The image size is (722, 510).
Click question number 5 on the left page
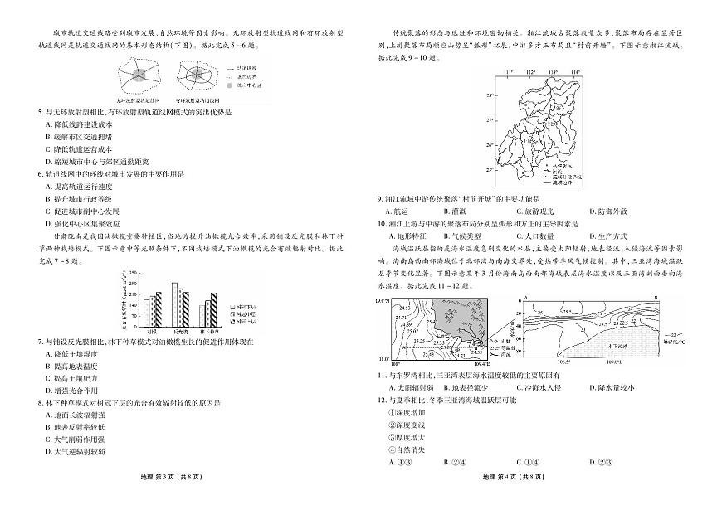41,111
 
